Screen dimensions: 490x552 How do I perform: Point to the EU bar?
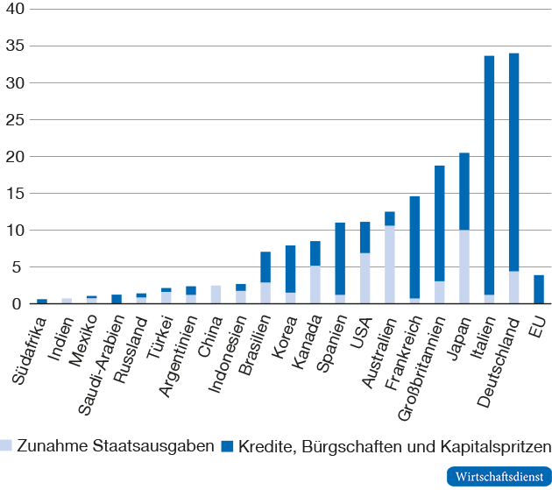pyautogui.click(x=539, y=289)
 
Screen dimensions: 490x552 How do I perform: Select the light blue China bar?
pyautogui.click(x=216, y=295)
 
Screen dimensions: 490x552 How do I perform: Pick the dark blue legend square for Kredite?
pyautogui.click(x=229, y=445)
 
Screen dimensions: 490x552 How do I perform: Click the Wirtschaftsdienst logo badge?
pyautogui.click(x=497, y=477)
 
